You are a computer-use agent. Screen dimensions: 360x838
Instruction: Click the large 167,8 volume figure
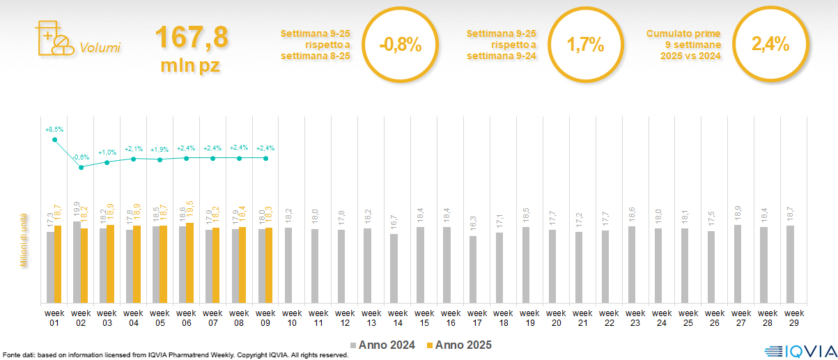click(x=192, y=38)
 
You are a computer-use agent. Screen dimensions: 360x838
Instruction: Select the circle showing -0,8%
click(x=401, y=45)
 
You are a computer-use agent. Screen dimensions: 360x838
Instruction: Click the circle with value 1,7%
click(x=585, y=45)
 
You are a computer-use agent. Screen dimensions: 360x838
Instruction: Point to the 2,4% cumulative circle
click(x=770, y=45)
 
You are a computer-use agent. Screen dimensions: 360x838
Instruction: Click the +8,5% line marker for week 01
click(x=55, y=140)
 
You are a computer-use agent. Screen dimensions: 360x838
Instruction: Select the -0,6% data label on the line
click(x=82, y=157)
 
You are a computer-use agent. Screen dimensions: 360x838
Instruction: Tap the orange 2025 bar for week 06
click(x=189, y=263)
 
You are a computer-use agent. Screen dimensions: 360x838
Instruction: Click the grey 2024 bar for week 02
click(x=77, y=262)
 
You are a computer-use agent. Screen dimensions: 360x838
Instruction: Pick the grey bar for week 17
click(x=473, y=269)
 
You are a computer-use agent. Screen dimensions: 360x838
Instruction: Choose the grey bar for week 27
click(x=738, y=263)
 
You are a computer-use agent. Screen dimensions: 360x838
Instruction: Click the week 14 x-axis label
click(x=398, y=318)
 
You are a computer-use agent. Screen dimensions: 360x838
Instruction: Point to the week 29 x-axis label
click(x=794, y=318)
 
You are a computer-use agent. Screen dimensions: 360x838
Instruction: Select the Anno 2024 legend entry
click(x=382, y=345)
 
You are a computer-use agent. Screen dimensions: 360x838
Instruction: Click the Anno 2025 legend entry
click(x=459, y=345)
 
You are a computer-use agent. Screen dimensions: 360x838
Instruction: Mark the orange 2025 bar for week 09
click(x=269, y=265)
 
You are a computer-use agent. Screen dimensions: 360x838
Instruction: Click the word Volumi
click(x=100, y=48)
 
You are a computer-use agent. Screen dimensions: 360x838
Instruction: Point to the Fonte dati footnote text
click(x=175, y=355)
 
